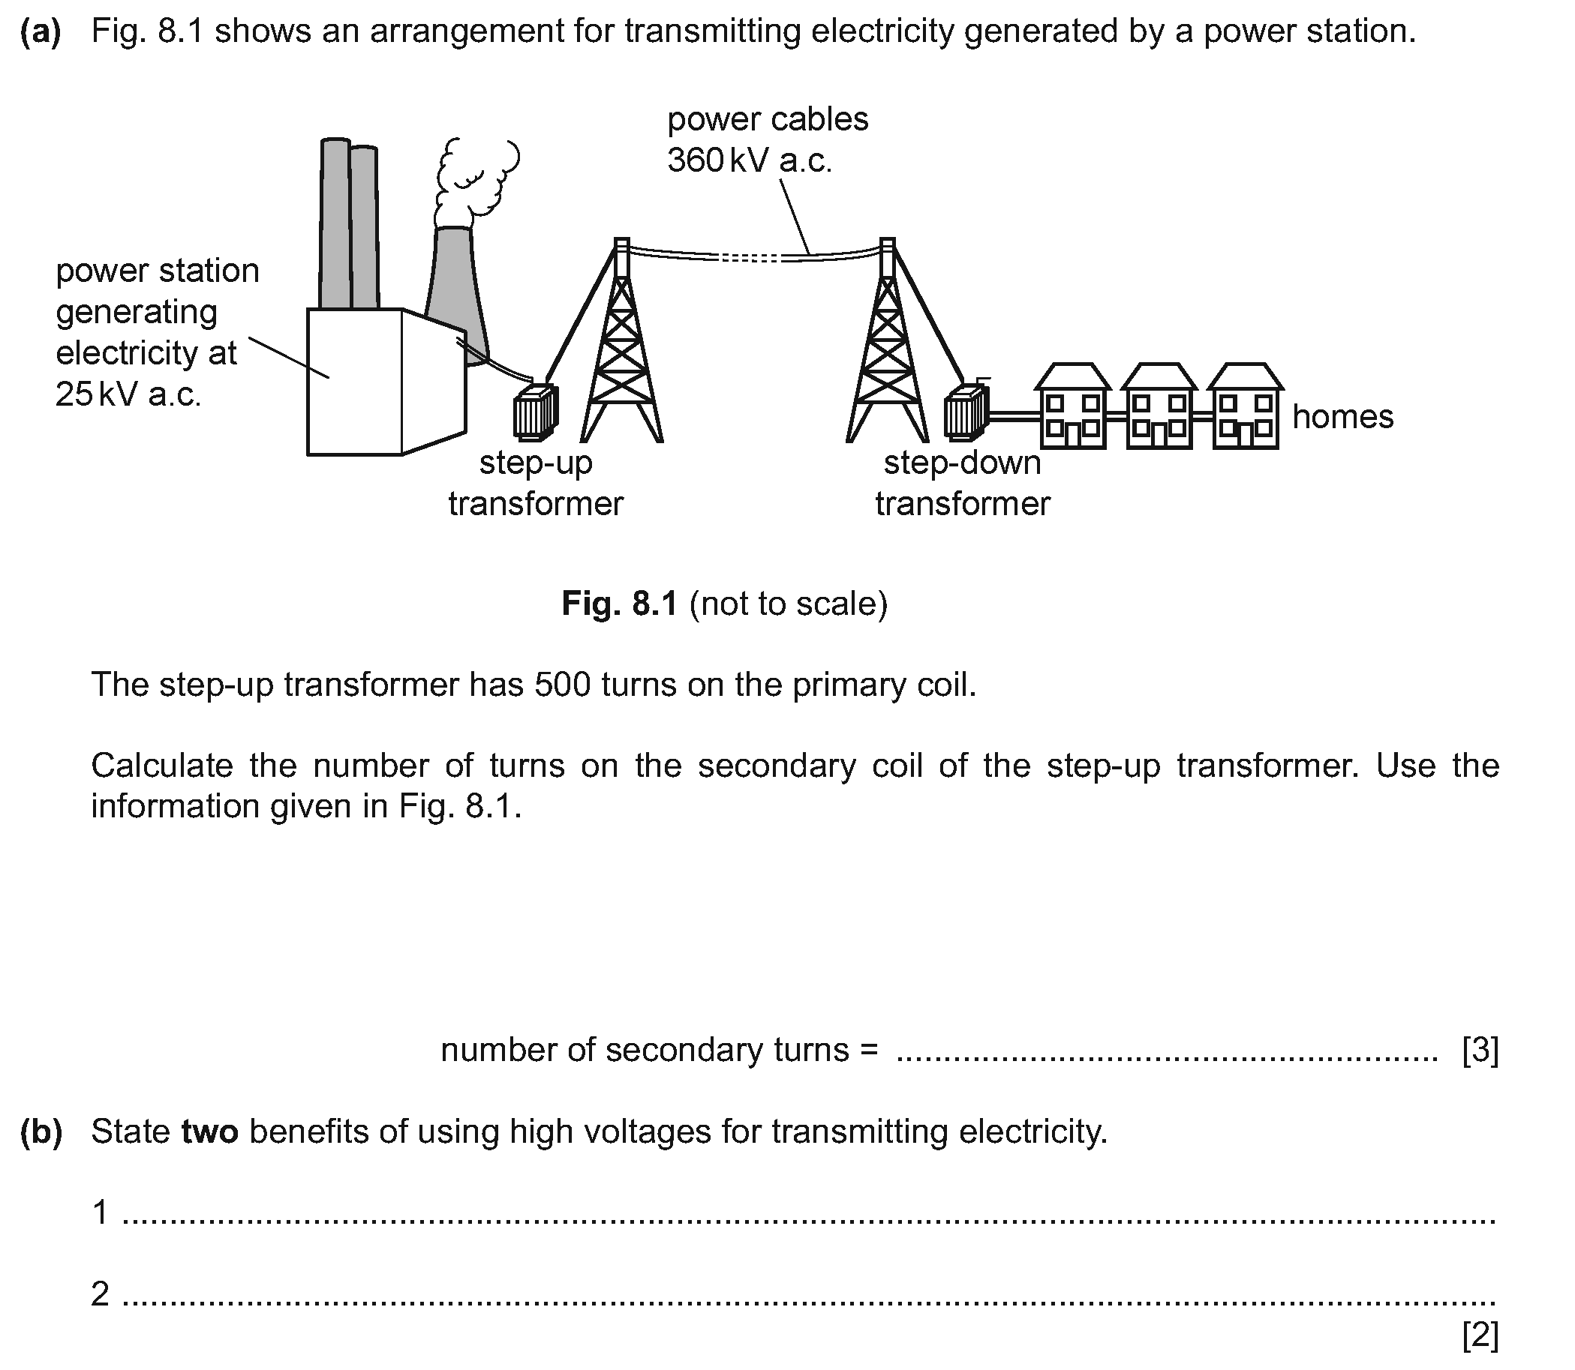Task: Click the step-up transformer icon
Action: click(x=536, y=412)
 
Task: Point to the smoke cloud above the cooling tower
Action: click(x=474, y=178)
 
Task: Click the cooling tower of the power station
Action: click(x=457, y=290)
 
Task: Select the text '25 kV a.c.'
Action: click(x=128, y=394)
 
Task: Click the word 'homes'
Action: click(x=1342, y=418)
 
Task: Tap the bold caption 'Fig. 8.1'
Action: click(x=619, y=604)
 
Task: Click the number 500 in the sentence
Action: click(x=562, y=685)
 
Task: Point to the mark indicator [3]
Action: click(x=1480, y=1051)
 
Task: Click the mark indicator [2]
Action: click(x=1480, y=1336)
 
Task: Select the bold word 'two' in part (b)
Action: click(x=209, y=1132)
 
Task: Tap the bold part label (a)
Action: click(x=41, y=32)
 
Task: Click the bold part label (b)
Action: click(x=41, y=1132)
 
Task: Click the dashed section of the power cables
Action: click(x=750, y=259)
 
